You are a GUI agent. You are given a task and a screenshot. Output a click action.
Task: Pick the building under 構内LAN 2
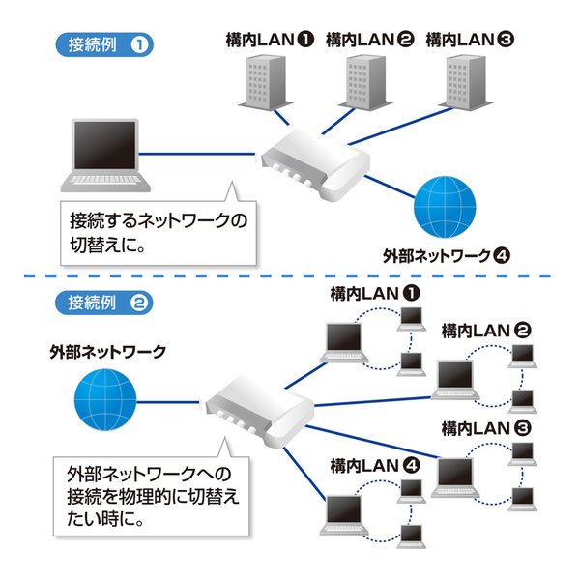coord(362,82)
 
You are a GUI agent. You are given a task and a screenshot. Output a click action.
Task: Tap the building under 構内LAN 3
coord(463,80)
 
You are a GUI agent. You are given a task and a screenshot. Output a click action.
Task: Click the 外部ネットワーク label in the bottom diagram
coord(107,351)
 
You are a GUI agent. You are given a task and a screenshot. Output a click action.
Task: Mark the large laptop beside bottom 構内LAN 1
coord(346,342)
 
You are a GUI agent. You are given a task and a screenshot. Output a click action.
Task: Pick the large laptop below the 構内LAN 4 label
coord(346,513)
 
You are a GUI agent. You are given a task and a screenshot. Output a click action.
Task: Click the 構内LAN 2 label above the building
coord(370,40)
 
